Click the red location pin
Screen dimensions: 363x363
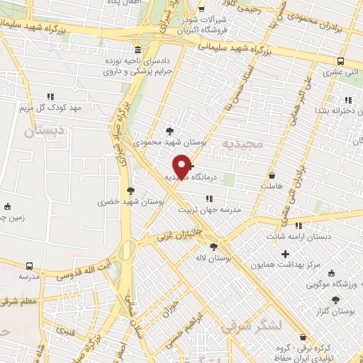pos(183,165)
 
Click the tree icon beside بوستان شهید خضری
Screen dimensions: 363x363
pos(130,190)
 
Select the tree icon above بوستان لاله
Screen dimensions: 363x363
pos(214,246)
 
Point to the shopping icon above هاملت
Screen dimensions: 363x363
pos(272,174)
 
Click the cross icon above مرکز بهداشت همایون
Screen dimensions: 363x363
pos(286,254)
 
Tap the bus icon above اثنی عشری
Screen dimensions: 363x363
pos(341,61)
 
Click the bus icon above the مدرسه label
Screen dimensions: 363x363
pos(28,265)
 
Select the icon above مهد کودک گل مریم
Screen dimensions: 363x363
pos(50,96)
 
